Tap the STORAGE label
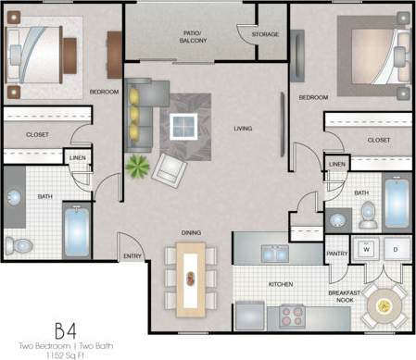pos(266,34)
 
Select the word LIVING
pos(244,129)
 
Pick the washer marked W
pos(366,249)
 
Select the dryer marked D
pos(396,249)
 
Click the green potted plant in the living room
pos(138,168)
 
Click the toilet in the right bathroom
pos(369,214)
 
